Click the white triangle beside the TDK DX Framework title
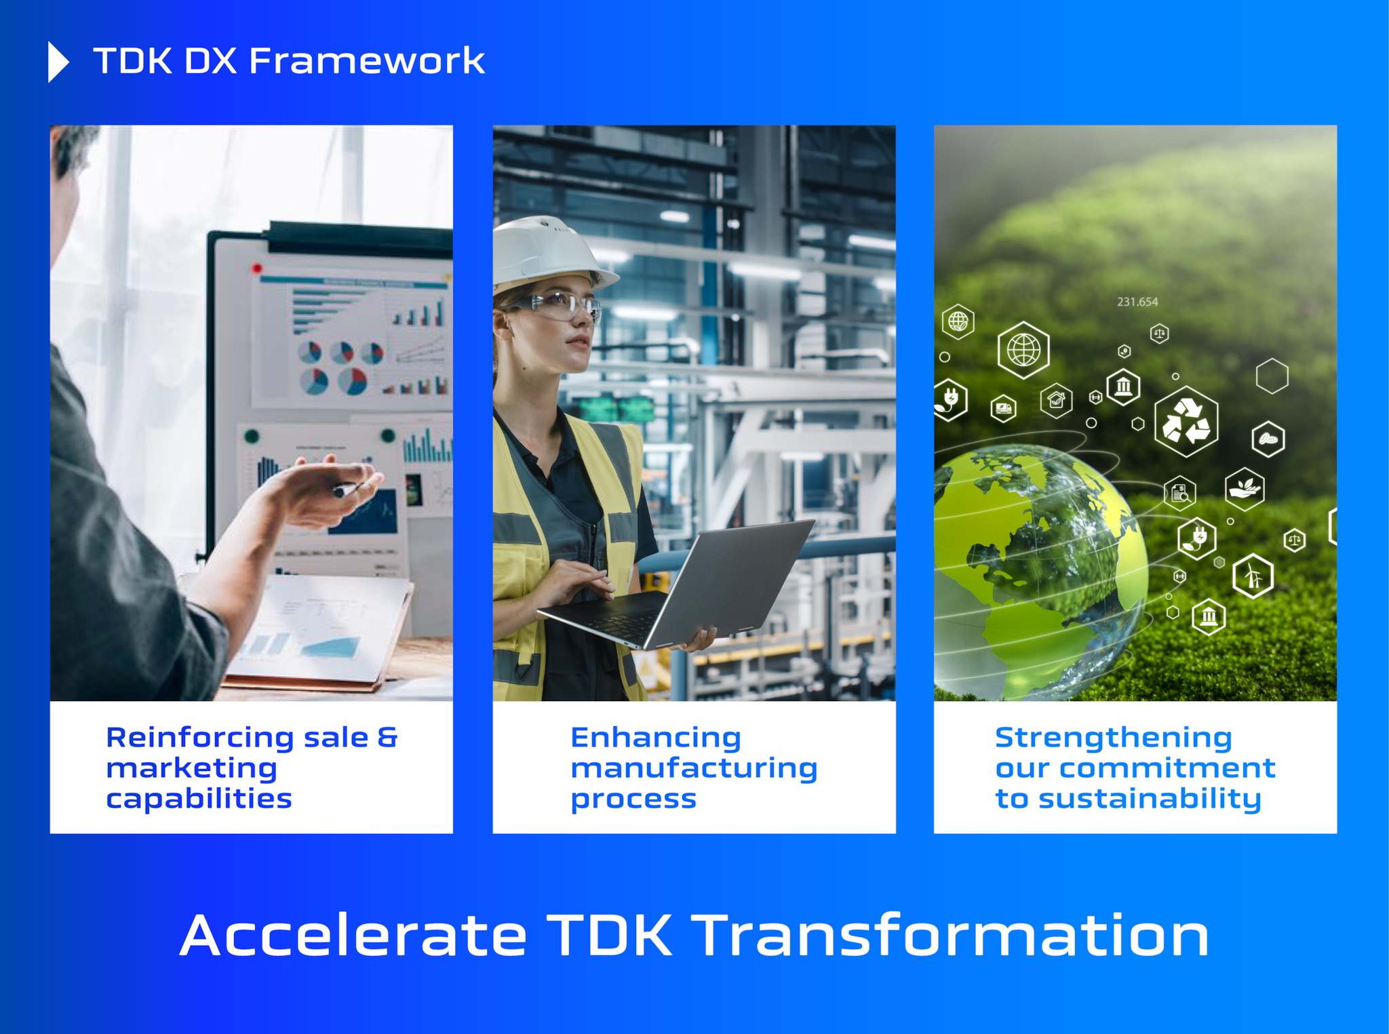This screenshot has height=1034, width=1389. click(58, 62)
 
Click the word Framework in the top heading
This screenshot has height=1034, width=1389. click(366, 61)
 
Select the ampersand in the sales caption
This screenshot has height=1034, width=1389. click(387, 737)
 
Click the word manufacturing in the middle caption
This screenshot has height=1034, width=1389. click(694, 768)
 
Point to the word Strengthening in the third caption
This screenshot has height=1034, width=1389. click(1113, 737)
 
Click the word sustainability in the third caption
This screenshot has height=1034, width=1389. click(1150, 799)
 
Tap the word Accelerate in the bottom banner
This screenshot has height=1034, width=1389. click(353, 936)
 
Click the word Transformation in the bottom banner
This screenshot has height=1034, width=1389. click(952, 936)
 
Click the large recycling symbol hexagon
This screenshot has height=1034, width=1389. click(1186, 421)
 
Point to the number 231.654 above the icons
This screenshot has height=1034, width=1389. click(1137, 302)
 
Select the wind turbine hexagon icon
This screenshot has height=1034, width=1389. click(1253, 576)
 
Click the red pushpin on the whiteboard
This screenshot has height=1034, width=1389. click(257, 269)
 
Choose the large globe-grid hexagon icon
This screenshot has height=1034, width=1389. click(1023, 350)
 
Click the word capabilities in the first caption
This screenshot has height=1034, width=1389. click(199, 799)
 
